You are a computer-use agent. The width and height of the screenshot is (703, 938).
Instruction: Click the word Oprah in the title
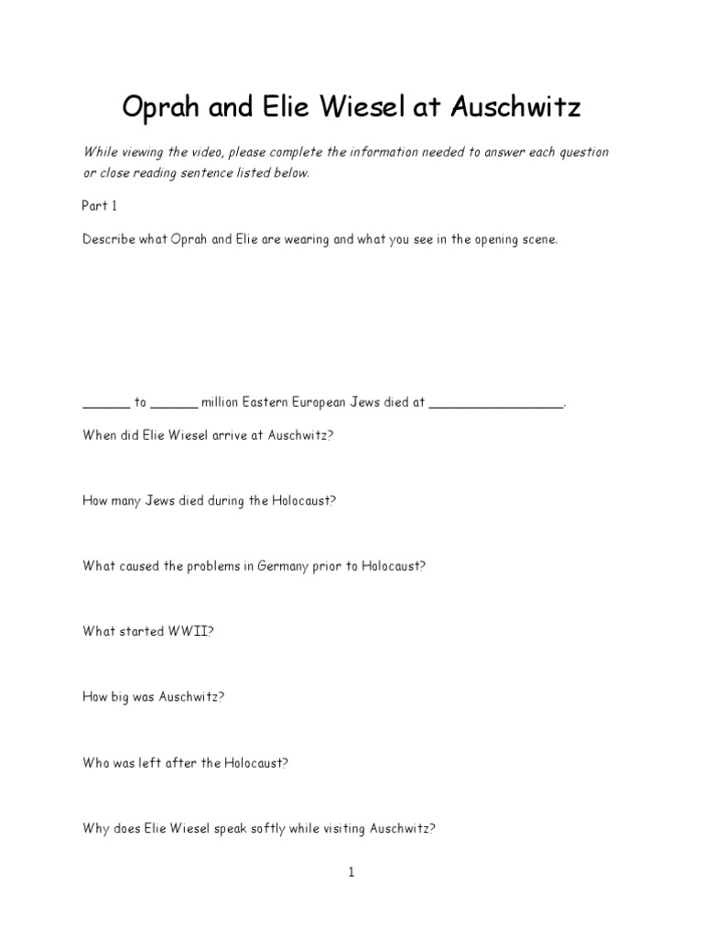tap(162, 109)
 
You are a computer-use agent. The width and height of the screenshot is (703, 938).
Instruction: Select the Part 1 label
tap(101, 206)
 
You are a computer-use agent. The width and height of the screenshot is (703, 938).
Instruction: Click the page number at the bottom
tap(351, 873)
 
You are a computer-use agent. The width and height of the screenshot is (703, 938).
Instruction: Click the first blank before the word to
tap(106, 403)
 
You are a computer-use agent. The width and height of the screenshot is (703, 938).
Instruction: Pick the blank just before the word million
tap(173, 403)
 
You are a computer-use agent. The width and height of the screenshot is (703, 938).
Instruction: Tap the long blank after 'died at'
tap(496, 403)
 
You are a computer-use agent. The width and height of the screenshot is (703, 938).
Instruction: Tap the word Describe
tap(106, 239)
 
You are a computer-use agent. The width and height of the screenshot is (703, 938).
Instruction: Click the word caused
tap(139, 566)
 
